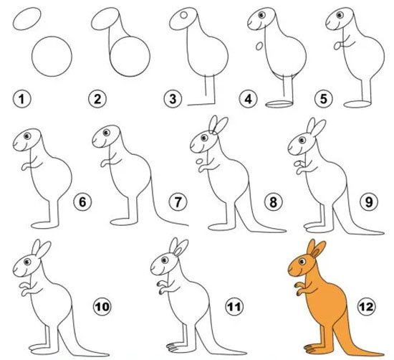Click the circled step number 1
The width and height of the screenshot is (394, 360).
(22, 99)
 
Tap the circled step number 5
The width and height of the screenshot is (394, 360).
(324, 99)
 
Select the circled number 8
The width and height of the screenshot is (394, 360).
(274, 202)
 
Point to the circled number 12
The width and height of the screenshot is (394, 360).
(367, 307)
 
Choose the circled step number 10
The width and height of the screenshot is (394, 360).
(102, 307)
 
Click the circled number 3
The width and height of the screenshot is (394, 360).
(173, 99)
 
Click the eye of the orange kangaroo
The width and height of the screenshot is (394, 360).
(302, 262)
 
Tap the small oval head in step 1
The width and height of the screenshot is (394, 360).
(27, 19)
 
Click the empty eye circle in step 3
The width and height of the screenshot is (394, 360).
(183, 15)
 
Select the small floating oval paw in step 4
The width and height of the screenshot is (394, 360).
(259, 46)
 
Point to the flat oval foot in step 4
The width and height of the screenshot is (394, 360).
(279, 104)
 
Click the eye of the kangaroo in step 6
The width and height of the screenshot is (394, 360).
(27, 136)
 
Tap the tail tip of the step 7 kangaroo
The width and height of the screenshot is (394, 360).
(188, 225)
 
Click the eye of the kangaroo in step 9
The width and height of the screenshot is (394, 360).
(302, 140)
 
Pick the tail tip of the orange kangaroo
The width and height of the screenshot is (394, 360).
(383, 354)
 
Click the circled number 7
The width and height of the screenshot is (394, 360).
(178, 202)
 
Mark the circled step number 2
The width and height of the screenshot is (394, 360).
(97, 99)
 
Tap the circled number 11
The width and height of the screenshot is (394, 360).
(234, 307)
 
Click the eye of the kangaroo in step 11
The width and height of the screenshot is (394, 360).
(165, 260)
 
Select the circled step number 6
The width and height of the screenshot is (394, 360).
(82, 202)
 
